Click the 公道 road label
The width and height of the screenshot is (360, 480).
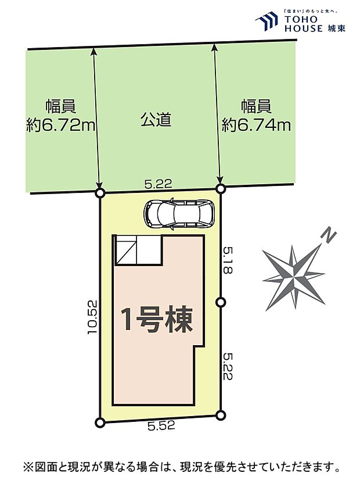(x=156, y=120)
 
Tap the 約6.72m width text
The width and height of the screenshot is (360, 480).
(x=61, y=125)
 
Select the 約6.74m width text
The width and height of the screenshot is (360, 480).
(x=256, y=125)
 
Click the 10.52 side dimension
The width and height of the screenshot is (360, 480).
(x=92, y=317)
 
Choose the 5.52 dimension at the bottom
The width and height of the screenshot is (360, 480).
(x=161, y=426)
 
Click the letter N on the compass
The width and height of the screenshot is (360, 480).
(x=329, y=236)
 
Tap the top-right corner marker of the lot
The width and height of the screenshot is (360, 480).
(x=220, y=188)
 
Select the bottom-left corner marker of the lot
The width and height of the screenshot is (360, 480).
(x=100, y=422)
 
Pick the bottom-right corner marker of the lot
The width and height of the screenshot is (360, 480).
(x=220, y=414)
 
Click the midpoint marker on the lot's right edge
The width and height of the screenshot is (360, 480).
(x=220, y=302)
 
